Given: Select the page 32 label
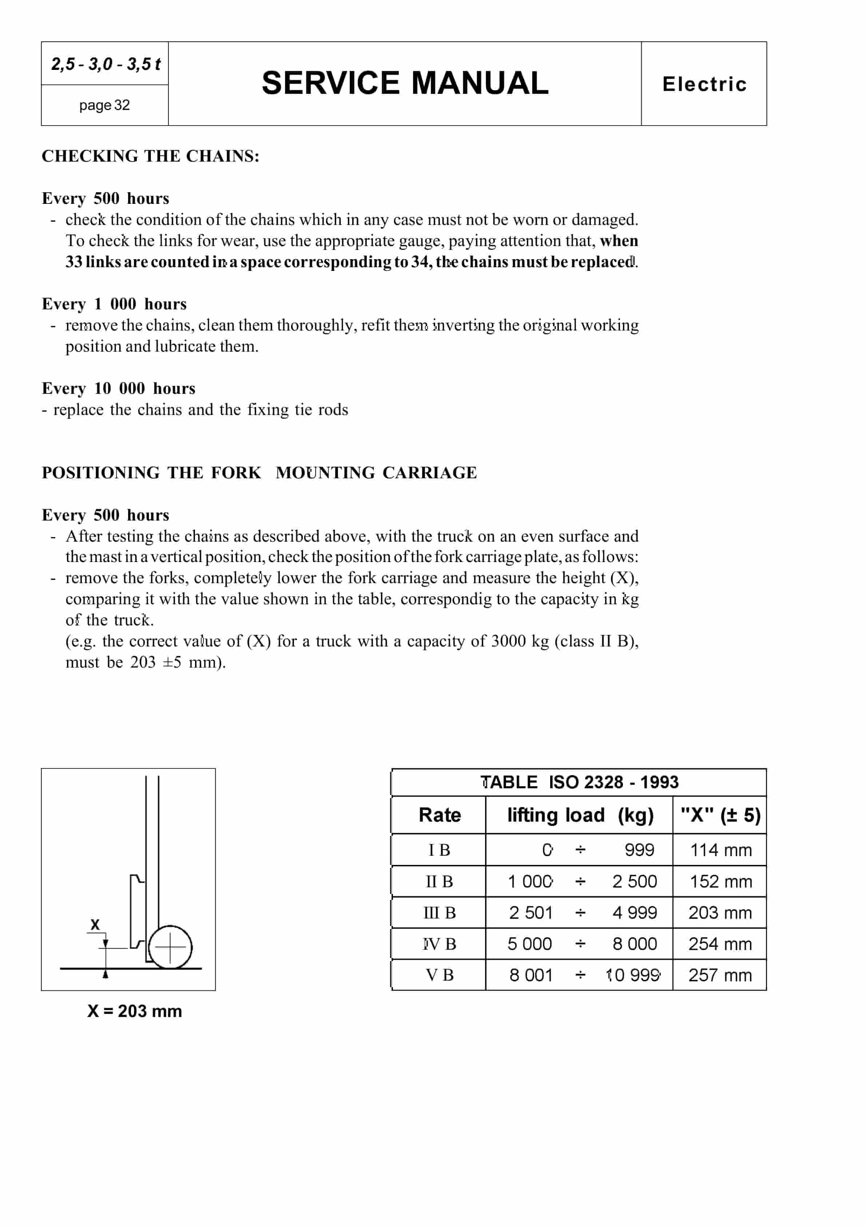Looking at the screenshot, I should coord(105,105).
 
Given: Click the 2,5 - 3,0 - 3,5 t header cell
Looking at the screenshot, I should coord(105,64).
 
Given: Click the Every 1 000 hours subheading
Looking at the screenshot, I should coord(114,304).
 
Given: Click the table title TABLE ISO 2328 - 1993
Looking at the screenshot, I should coord(579,782).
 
